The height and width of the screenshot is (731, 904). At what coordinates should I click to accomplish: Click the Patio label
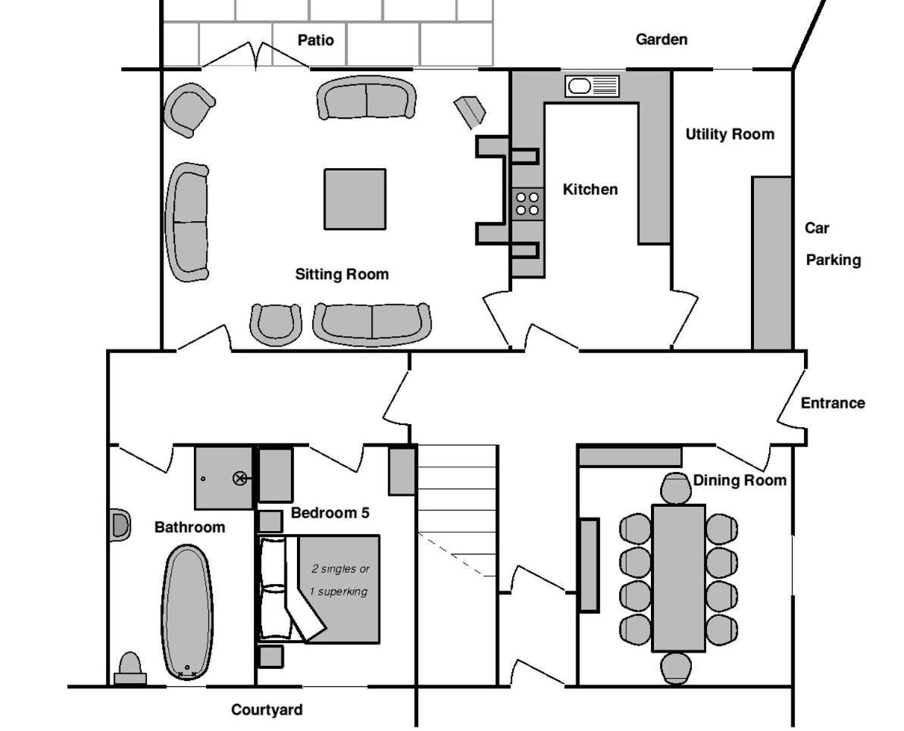point(315,40)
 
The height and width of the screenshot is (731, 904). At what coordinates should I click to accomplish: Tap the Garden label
point(662,39)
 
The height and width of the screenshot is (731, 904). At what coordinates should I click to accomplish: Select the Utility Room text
point(730,134)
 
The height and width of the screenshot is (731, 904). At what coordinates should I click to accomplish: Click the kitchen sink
point(592,86)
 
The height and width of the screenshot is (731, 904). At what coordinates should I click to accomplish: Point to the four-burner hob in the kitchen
point(527,204)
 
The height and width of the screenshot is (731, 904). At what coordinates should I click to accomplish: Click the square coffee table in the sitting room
point(355,199)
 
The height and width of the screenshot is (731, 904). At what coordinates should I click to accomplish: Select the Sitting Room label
point(342,273)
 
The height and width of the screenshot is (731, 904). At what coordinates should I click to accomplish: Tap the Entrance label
point(833,403)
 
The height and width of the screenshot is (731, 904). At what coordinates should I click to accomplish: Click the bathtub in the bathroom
point(186,612)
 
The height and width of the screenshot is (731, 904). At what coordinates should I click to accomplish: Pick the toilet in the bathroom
point(130,669)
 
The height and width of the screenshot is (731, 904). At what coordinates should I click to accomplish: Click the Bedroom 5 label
point(330,513)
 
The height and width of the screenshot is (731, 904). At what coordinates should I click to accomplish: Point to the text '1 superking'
point(339,592)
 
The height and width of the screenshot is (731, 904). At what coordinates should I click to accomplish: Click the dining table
point(679,578)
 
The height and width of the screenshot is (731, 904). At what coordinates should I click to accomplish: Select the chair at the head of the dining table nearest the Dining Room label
point(676,489)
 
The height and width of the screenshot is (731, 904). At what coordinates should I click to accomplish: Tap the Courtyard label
point(267,710)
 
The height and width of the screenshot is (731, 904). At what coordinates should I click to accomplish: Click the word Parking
point(833,260)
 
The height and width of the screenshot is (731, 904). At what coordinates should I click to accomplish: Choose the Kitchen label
point(590,189)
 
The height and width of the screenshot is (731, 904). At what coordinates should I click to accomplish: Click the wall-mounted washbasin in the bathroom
point(119,525)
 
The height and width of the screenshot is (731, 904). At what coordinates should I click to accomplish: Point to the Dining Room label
point(740,480)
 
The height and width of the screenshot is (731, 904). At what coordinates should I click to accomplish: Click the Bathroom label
point(189,527)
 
